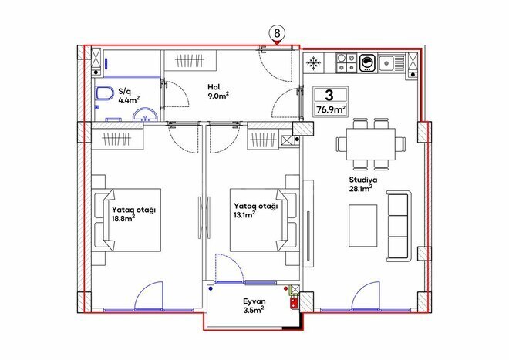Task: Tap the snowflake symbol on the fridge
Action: click(x=315, y=64)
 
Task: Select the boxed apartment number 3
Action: click(x=329, y=96)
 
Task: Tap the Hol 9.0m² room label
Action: click(x=218, y=92)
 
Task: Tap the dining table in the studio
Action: click(x=371, y=143)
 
